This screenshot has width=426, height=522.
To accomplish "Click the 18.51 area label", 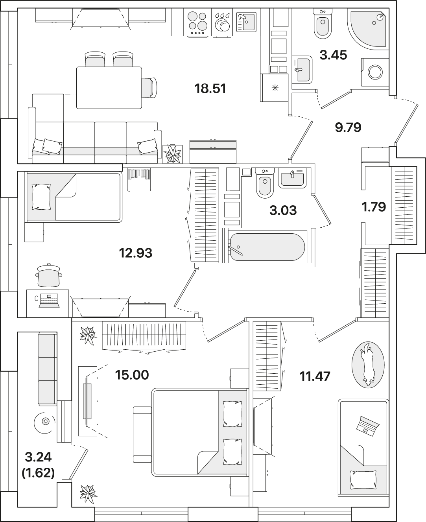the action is tap(210, 89).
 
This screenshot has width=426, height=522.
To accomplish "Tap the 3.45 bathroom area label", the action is tap(333, 55).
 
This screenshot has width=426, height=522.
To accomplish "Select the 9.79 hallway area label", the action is tap(348, 127).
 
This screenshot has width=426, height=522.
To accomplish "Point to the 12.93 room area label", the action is tap(136, 253).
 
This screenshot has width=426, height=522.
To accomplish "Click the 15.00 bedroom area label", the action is tap(132, 375).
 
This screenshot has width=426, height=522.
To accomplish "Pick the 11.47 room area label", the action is tap(315, 376).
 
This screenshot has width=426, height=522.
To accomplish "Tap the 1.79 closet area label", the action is tap(374, 207).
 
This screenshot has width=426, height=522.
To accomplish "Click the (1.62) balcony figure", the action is tap(38, 473).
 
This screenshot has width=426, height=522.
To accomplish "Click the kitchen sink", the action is tap(246, 22).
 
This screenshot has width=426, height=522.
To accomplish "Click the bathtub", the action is tap(267, 247).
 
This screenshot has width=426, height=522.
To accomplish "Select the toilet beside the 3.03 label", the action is tap(265, 183).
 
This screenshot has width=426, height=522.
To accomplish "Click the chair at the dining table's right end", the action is tap(149, 88).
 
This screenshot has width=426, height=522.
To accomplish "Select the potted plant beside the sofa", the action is tap(173, 154).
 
